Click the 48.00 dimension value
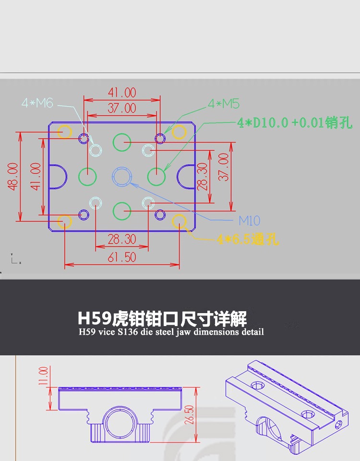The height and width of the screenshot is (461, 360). (x=13, y=176)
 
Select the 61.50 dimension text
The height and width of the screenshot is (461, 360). (x=121, y=257)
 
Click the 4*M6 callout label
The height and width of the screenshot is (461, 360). (x=37, y=103)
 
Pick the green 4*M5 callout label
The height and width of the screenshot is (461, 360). (x=223, y=104)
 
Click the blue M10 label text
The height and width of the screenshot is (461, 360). (x=249, y=221)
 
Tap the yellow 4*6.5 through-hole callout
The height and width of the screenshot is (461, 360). (x=248, y=239)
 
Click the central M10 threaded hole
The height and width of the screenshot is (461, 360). (x=122, y=176)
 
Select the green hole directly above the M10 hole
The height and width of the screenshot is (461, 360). (x=122, y=142)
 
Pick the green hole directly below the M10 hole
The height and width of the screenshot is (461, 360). (x=122, y=210)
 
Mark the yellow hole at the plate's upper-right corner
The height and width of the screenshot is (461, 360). (x=180, y=132)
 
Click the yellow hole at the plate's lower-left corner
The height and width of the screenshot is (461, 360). (x=64, y=221)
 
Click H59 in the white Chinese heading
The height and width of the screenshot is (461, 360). (x=94, y=318)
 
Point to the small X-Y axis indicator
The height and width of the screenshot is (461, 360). (x=14, y=260)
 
